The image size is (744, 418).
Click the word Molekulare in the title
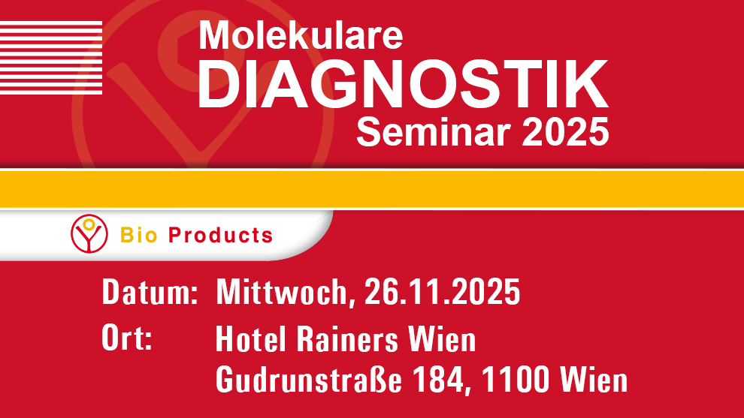(301, 35)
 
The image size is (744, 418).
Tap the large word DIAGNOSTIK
(403, 85)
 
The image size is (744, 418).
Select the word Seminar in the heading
(434, 132)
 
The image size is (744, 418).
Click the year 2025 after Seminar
(565, 132)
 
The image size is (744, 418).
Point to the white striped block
(51, 57)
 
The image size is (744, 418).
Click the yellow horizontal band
(372, 189)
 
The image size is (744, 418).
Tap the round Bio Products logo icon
(89, 233)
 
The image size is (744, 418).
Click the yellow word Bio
(138, 236)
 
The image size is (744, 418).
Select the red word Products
(221, 236)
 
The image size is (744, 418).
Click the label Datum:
(150, 291)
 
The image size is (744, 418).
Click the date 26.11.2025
(442, 291)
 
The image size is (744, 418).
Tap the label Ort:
(127, 338)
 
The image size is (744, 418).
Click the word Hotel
(250, 339)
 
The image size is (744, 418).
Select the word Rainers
(347, 339)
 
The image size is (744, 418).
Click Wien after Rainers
(442, 339)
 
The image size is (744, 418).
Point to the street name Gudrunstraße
(309, 379)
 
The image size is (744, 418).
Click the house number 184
(438, 379)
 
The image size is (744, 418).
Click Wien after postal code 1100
(594, 379)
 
